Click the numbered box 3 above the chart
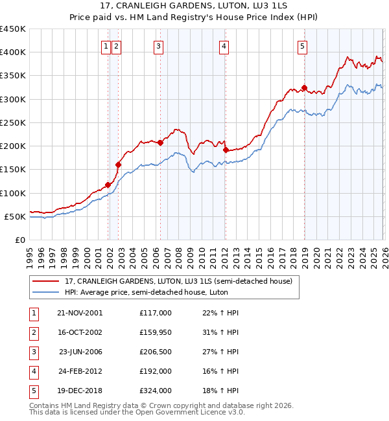click(x=158, y=45)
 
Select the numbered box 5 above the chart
click(x=303, y=45)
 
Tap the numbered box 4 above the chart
click(x=223, y=45)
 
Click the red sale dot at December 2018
click(x=303, y=87)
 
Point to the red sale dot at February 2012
click(x=225, y=150)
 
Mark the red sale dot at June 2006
click(x=160, y=142)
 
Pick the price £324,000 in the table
click(x=156, y=391)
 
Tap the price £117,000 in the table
click(x=156, y=313)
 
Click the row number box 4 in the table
click(x=33, y=371)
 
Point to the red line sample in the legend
click(x=47, y=282)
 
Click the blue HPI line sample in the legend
click(x=47, y=292)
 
